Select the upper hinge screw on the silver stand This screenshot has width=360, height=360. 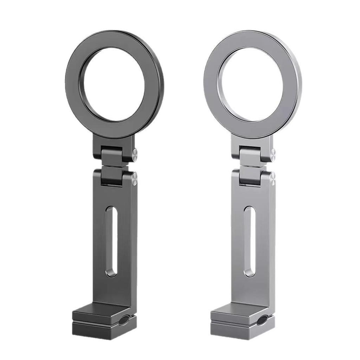273,154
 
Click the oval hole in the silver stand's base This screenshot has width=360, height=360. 262,320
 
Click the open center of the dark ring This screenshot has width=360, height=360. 114,84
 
